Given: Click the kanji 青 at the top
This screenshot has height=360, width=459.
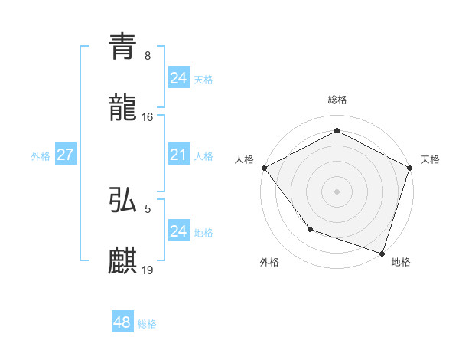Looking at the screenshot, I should (123, 47).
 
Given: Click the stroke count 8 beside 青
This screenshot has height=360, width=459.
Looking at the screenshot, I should (148, 55).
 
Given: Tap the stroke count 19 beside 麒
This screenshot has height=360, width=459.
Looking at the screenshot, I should (148, 270).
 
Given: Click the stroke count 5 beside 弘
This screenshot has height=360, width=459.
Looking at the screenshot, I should (148, 208).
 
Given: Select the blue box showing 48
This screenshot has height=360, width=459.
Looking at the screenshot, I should (122, 322).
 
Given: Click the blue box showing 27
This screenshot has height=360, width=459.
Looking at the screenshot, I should (65, 155).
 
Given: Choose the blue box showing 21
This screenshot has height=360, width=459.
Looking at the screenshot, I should (178, 155).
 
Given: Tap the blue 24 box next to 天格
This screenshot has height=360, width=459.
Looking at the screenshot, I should (178, 78).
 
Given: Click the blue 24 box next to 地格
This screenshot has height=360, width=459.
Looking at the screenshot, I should (178, 231).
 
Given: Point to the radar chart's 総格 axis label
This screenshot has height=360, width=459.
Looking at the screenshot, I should (337, 100).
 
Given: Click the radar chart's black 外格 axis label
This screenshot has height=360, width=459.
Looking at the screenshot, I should (269, 263).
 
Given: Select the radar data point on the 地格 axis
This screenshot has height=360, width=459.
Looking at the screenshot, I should (382, 253).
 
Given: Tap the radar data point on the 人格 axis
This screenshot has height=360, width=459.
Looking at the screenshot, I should (264, 167).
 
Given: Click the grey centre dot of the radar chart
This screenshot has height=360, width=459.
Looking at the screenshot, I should (337, 191).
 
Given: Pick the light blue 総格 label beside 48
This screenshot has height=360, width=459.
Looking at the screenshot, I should (147, 324).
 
